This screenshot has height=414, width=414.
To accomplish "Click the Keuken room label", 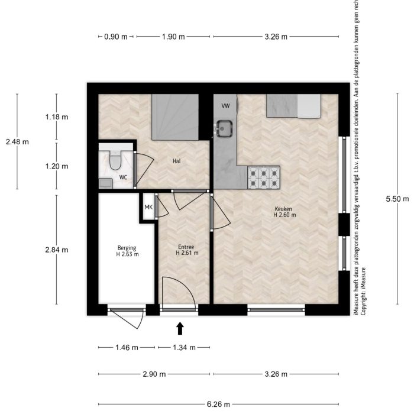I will click(x=284, y=212).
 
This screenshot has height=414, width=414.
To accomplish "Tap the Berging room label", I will click(x=127, y=251).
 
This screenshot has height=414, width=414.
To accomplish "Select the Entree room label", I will click(x=186, y=250).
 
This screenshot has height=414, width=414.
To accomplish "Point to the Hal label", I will click(x=176, y=161).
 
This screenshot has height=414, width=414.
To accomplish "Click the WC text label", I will click(x=123, y=177).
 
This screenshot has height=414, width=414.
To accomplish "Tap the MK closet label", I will click(x=148, y=207).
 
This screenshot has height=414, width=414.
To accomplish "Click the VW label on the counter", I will click(x=225, y=106).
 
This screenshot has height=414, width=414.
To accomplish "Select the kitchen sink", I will click(x=224, y=127).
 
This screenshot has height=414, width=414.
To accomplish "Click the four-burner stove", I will click(x=263, y=176).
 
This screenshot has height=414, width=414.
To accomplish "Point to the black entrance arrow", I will click(x=180, y=328).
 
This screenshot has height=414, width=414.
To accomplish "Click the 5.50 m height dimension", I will click(x=396, y=199).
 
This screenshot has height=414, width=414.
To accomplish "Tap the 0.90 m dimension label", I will click(x=116, y=37).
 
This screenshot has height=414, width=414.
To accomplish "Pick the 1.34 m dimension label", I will click(x=184, y=347).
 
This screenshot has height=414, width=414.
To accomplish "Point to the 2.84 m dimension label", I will click(x=57, y=250).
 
